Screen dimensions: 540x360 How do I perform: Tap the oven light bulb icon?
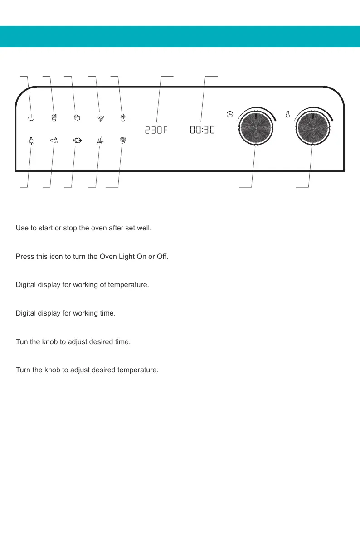(31, 141)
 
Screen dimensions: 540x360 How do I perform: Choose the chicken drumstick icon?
(54, 141)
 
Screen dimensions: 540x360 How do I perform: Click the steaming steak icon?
(100, 141)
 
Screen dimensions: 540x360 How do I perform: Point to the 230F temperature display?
(156, 131)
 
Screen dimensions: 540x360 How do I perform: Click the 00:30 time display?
(202, 131)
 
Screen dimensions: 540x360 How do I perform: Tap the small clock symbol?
(230, 114)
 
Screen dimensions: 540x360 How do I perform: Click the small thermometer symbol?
(287, 115)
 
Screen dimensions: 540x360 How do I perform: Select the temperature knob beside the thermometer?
(313, 128)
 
